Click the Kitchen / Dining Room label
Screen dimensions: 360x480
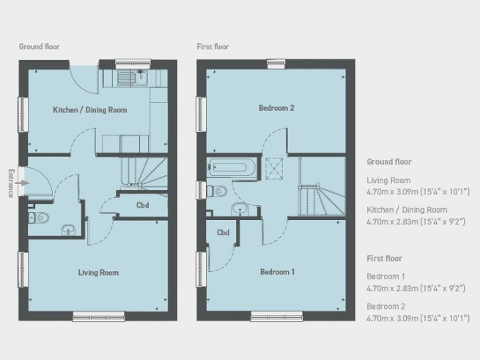[x=89, y=111]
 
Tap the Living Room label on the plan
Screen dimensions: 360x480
[x=98, y=273]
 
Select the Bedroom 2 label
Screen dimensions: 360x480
[x=276, y=109]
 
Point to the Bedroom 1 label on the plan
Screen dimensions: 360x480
[x=277, y=272]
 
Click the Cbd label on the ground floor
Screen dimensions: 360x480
[x=143, y=206]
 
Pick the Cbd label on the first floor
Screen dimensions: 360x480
[x=223, y=233]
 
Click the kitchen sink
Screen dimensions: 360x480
[x=133, y=77]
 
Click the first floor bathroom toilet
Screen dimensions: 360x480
[x=218, y=191]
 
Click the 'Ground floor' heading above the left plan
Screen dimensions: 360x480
[x=39, y=47]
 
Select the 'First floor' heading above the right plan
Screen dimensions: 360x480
[x=213, y=47]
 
